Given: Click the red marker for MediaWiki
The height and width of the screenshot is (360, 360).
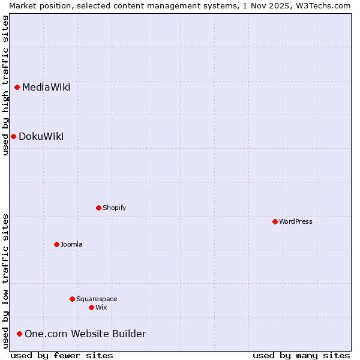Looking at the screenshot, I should point(17,87).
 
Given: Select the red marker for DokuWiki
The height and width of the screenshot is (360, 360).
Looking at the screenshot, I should point(13,136).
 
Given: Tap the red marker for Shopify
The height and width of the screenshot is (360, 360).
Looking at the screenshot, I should point(98,208).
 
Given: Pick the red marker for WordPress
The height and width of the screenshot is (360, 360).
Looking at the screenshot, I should point(275,221).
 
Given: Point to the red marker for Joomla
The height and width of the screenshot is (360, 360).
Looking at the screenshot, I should point(56,244).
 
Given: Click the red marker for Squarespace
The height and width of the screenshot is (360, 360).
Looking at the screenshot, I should point(72,299).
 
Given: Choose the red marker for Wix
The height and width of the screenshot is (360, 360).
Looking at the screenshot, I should point(91,307).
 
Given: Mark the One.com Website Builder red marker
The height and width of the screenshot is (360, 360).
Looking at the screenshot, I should point(19,334).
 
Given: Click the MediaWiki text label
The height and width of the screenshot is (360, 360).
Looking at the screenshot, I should point(46,88).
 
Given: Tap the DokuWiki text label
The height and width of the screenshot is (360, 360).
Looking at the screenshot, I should point(41,137).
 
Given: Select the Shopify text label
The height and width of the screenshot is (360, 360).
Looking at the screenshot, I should point(114,208).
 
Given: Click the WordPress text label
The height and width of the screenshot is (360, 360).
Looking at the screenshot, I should point(296,222).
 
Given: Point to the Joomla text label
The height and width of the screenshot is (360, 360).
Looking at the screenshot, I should point(71,245).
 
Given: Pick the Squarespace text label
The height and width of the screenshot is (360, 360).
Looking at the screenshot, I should point(97,299).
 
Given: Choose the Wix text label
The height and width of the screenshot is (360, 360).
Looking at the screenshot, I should point(101,308).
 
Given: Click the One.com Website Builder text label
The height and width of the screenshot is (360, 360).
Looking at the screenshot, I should point(85,334).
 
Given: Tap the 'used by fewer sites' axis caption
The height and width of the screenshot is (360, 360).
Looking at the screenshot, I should point(62,355).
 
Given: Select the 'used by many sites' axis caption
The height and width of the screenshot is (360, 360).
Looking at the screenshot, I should point(301,355).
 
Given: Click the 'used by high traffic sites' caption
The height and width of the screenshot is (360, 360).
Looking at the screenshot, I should point(5,85).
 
